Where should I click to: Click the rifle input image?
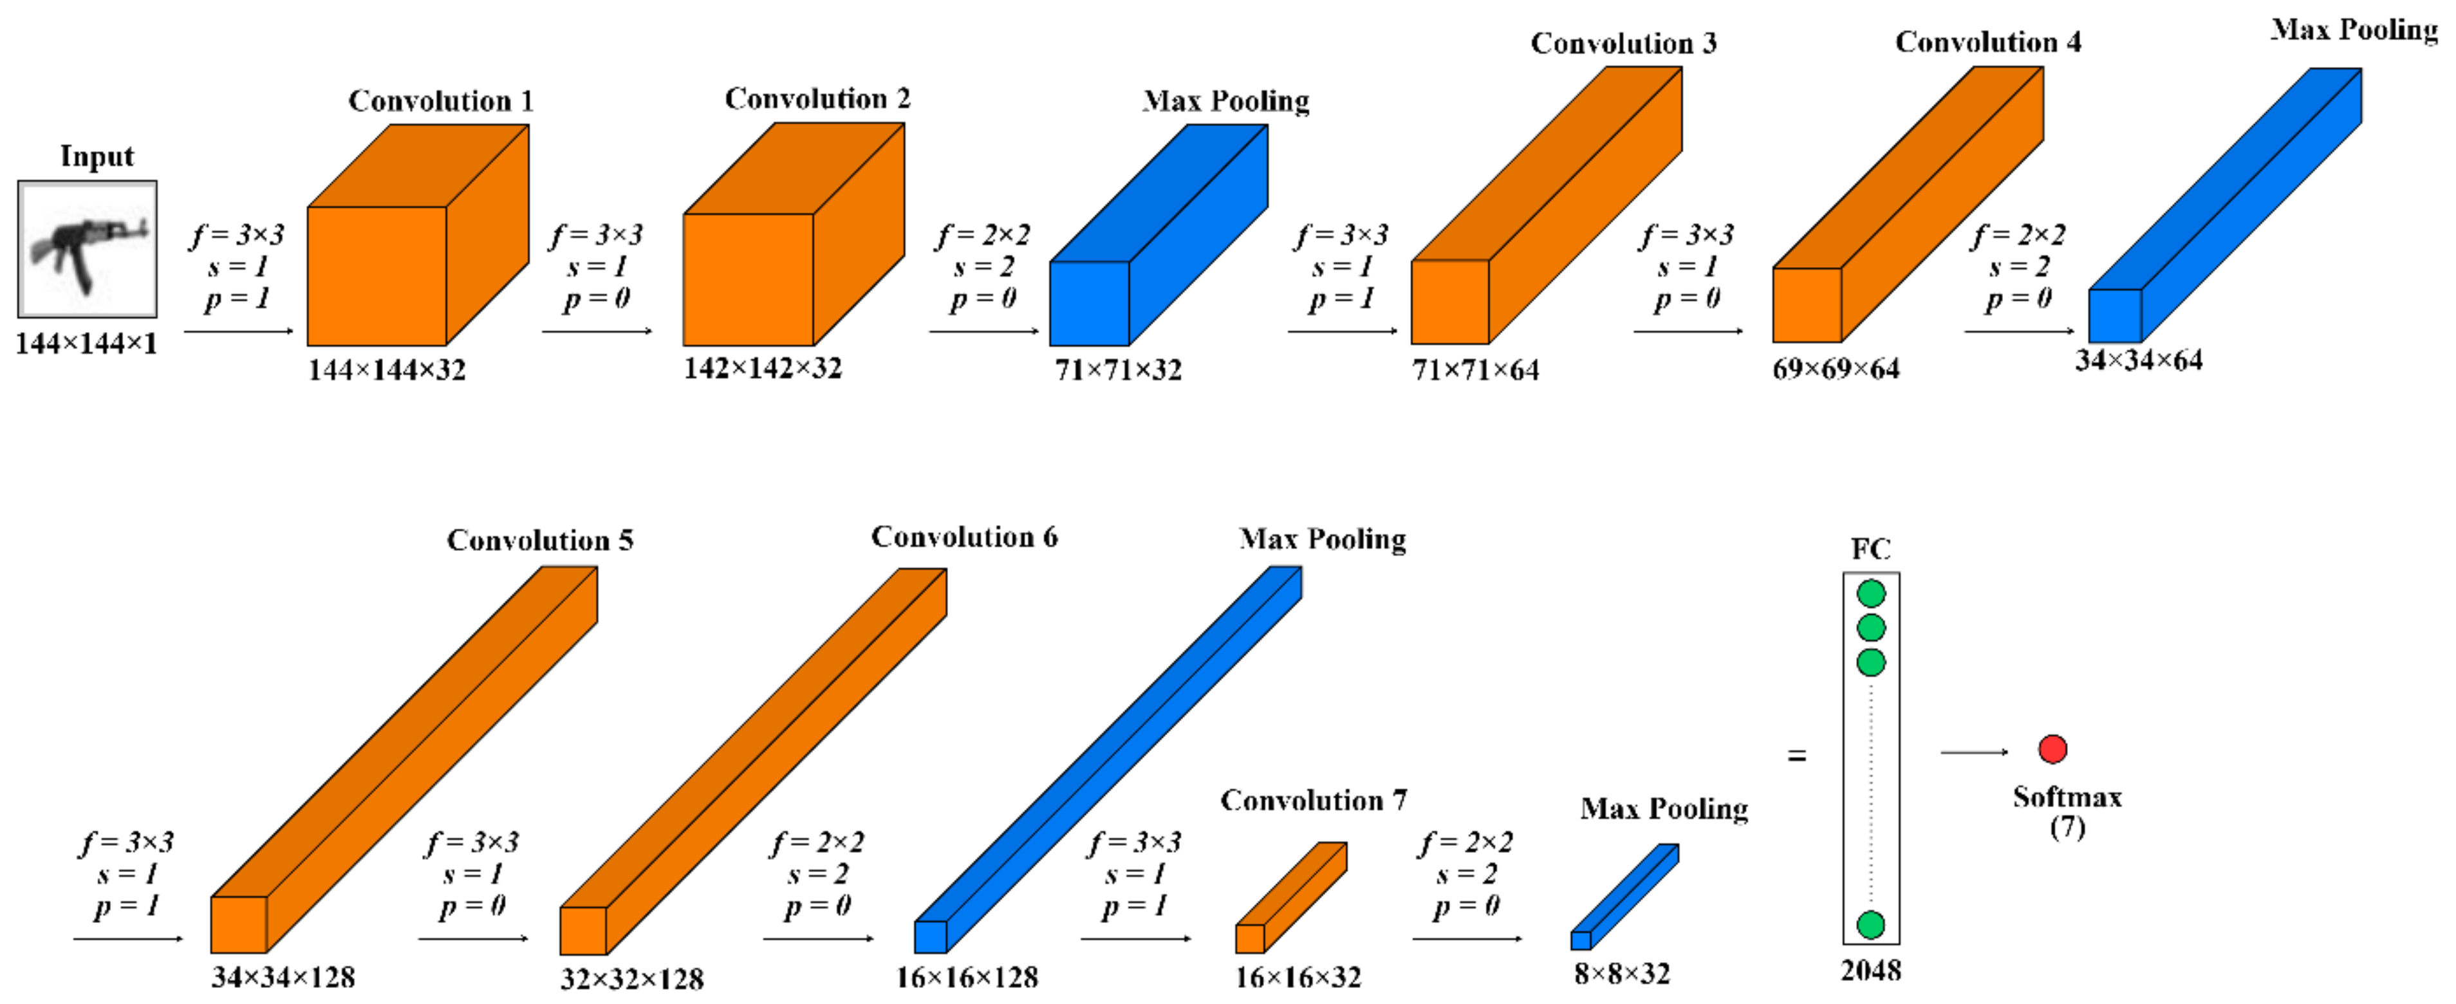pos(88,249)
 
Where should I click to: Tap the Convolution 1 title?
pos(440,101)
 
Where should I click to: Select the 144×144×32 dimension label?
pos(386,370)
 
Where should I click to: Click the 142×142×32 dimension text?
pos(763,368)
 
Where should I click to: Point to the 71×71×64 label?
pos(1475,370)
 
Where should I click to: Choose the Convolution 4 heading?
pos(1988,42)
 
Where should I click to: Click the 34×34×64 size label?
pos(2139,360)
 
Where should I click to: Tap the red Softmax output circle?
pos(2052,749)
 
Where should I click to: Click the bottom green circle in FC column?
pos(1870,924)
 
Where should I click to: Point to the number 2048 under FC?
pos(1870,971)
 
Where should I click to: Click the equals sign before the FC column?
pos(1797,756)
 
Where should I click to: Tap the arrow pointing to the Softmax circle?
pos(1973,752)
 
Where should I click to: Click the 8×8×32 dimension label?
pos(1622,974)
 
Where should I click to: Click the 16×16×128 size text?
pos(967,978)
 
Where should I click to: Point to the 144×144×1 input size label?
pos(86,343)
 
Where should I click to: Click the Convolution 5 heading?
pos(539,541)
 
